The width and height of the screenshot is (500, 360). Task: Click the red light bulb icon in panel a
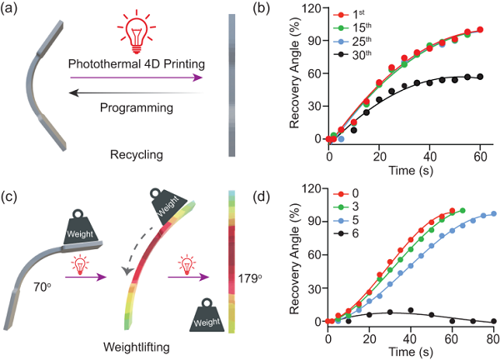pyautogui.click(x=133, y=28)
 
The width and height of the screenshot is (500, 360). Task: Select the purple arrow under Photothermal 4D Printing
pyautogui.click(x=133, y=78)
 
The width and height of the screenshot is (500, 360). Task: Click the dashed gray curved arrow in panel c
pyautogui.click(x=136, y=243)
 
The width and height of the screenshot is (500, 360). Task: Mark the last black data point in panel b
pyautogui.click(x=479, y=77)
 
